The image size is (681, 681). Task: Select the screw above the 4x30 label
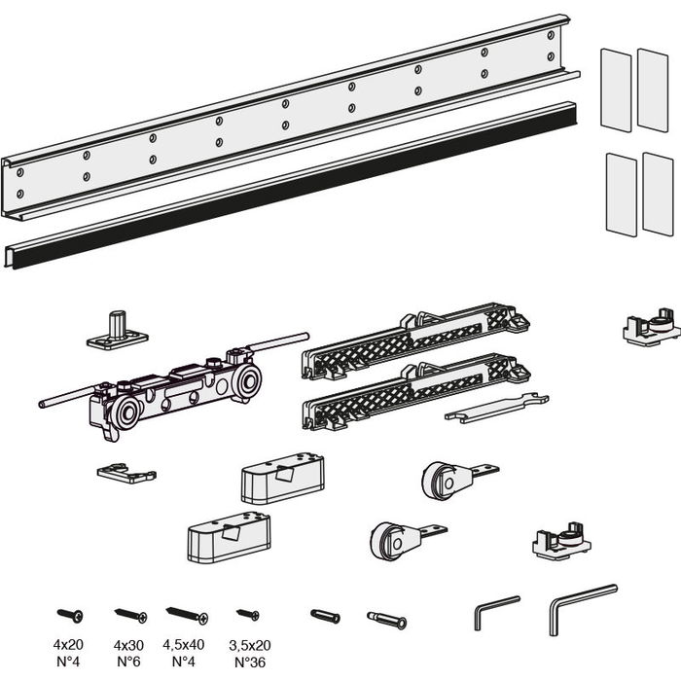coord(131,614)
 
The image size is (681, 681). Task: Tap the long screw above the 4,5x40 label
coord(187,614)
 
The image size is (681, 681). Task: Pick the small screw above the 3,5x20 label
coord(249,614)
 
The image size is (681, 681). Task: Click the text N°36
coord(250,661)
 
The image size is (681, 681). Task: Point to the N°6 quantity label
coord(129,661)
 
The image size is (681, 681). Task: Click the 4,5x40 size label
coord(185,645)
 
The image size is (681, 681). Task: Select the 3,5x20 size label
coord(250,645)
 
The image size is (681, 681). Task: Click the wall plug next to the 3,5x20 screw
coord(326,617)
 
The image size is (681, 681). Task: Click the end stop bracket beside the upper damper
coord(647,329)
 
